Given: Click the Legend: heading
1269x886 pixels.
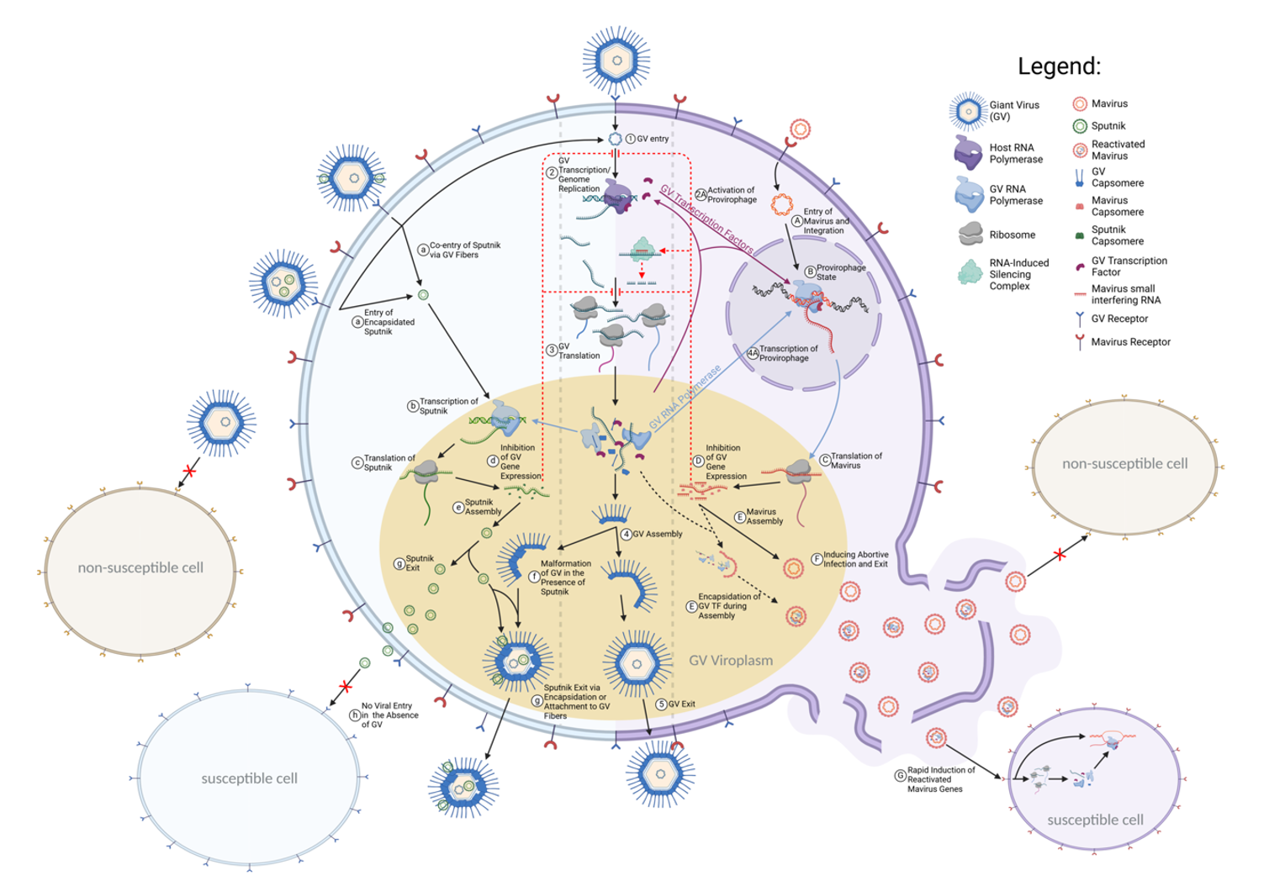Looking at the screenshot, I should click(1059, 66).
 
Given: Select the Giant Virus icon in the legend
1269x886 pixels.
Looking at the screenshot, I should click(968, 111).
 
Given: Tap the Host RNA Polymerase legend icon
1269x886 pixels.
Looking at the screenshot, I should click(968, 152).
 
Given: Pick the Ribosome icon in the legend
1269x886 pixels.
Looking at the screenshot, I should click(970, 235).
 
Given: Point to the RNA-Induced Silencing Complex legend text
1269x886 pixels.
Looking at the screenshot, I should click(1018, 275).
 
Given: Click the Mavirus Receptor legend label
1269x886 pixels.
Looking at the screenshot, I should click(1130, 342).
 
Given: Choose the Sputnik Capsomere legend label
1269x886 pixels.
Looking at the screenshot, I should click(1117, 235).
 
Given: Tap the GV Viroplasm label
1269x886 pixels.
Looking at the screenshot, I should click(730, 661).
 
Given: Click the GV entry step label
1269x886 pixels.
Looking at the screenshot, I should click(653, 139).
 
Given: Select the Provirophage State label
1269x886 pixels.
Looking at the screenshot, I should click(840, 272).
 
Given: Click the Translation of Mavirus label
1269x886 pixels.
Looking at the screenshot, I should click(856, 461).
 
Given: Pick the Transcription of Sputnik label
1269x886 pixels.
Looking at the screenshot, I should click(448, 406).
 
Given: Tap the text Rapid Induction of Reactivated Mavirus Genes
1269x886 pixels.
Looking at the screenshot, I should click(940, 779).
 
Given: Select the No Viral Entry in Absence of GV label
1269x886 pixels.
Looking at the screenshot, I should click(389, 715).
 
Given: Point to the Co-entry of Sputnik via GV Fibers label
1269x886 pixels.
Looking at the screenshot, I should click(464, 250).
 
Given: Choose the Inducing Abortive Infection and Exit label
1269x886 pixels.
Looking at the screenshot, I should click(855, 559).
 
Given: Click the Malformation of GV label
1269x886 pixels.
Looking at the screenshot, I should click(565, 577).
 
